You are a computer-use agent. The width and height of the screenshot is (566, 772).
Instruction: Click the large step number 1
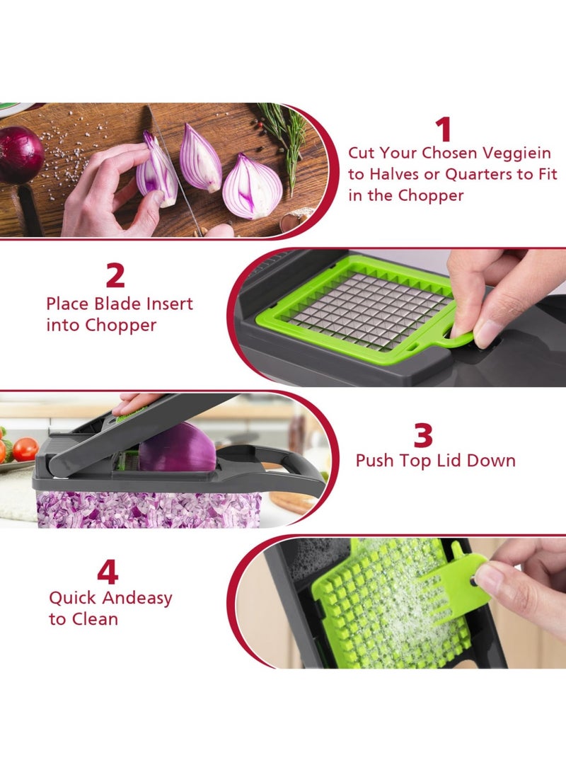pos(443,130)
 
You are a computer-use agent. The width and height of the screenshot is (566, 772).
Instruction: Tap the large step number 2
pos(115,276)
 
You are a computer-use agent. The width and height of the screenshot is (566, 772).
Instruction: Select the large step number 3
pos(423,436)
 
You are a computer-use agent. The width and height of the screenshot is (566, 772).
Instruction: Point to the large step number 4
pos(108,572)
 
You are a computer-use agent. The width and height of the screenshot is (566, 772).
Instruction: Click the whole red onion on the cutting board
pos(19,154)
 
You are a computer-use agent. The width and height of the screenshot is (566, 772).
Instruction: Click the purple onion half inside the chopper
pos(176,449)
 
